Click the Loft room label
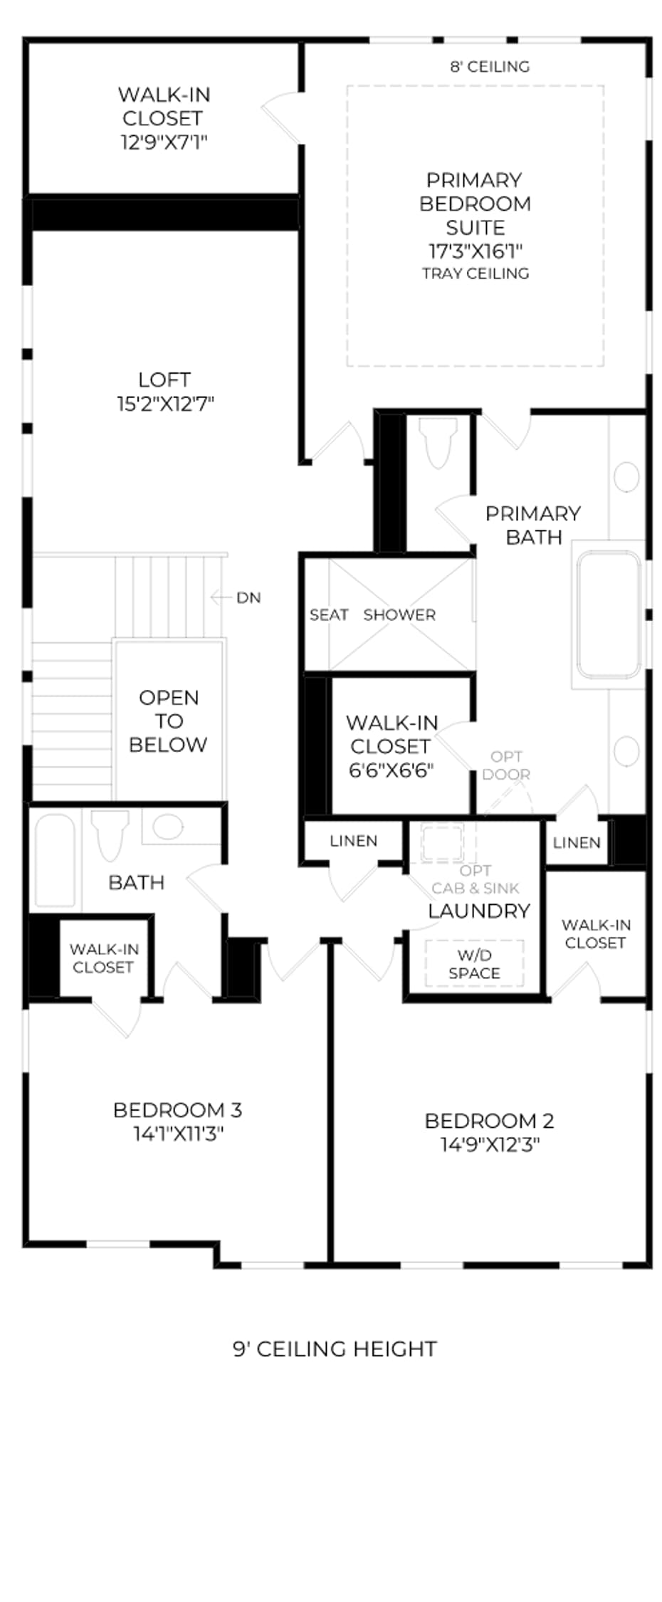coord(164,379)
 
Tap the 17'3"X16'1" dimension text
coord(476,251)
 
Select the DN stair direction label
coord(248,597)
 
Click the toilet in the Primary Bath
coord(438,442)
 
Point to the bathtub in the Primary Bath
coord(609,616)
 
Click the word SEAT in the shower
coord(329,614)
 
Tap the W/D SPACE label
coord(474,964)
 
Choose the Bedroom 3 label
coord(177,1109)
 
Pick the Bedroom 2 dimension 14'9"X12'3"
coord(490,1144)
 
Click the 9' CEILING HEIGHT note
coord(335,1349)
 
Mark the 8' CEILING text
coord(490,66)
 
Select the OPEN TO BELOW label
coord(169,721)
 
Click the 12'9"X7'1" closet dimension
coord(164,142)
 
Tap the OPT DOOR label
coord(506,765)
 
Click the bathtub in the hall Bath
coord(55,861)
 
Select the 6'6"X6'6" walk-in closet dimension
coord(392,770)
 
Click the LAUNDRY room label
coord(479,911)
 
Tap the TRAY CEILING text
coord(476,273)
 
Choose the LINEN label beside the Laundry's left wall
coord(354,841)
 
